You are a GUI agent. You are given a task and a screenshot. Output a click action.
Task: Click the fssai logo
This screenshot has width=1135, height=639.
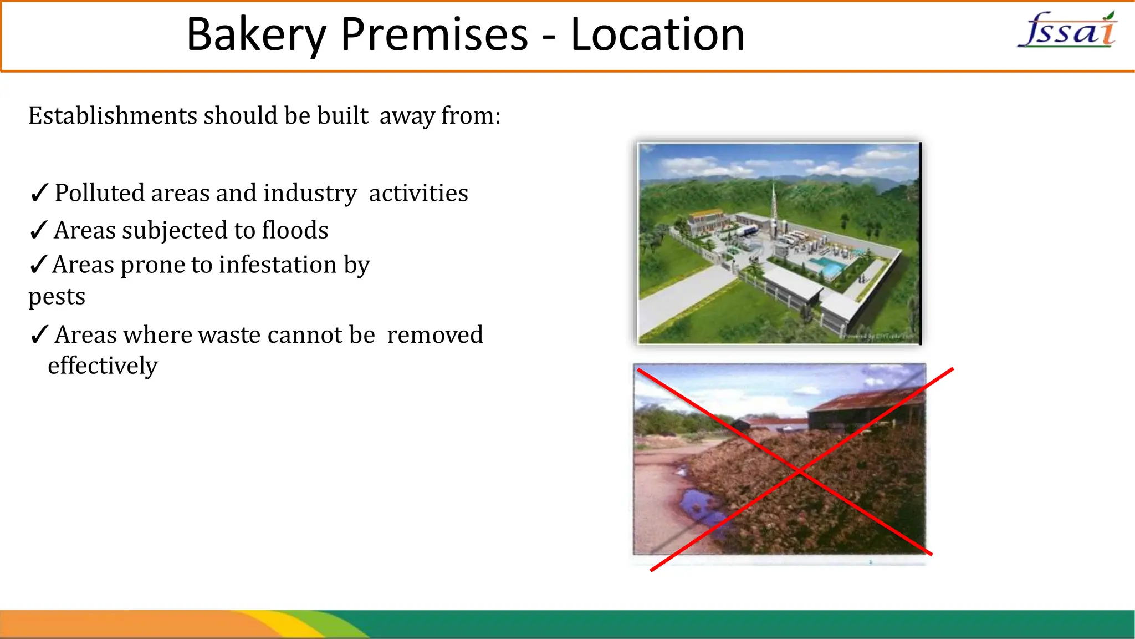pos(1067,31)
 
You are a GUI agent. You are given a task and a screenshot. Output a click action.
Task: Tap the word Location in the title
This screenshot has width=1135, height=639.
pos(657,34)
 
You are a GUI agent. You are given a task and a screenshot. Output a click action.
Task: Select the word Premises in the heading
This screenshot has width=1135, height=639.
pos(434,34)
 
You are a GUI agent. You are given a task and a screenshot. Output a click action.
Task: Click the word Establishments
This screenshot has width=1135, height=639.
pos(113,116)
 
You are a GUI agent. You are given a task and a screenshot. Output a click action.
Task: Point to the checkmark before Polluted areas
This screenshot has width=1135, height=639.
pos(39,193)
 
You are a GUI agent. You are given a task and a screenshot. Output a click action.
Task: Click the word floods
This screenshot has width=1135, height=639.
pos(295,230)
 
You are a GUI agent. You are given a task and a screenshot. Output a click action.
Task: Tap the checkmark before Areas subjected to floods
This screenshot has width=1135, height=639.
pos(38,230)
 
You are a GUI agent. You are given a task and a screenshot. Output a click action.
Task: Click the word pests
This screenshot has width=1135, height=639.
pos(57,297)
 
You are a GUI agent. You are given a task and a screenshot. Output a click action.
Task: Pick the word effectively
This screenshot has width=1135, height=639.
pos(103,366)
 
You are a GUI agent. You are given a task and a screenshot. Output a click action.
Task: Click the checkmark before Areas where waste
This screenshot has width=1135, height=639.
pos(39,335)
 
